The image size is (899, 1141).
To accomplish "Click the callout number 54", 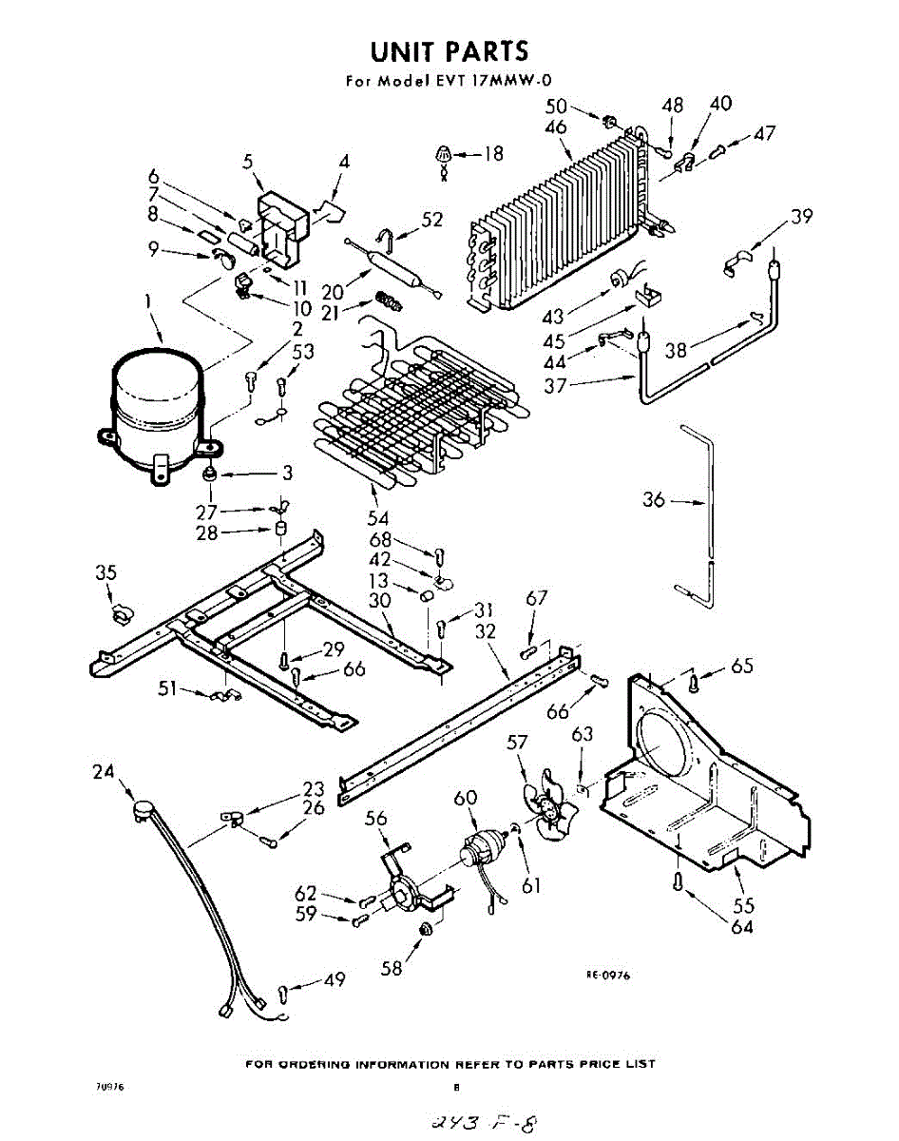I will (378, 518).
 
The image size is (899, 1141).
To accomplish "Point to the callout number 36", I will (654, 499).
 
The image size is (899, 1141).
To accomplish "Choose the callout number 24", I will (103, 772).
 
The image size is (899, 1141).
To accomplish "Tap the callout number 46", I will (556, 127).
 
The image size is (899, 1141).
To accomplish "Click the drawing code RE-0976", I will (608, 975).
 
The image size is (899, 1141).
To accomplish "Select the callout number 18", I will (492, 152).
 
